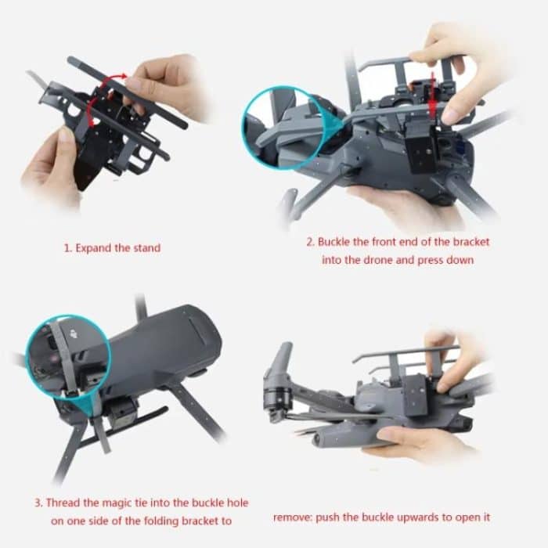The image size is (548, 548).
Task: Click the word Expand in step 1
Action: tap(92, 248)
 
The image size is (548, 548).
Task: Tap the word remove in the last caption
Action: tap(293, 517)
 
